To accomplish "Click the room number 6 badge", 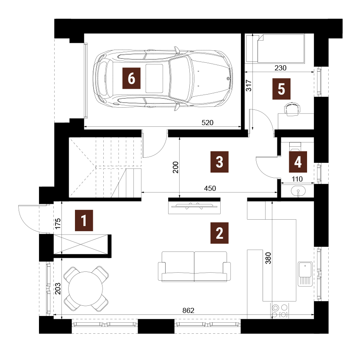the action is (131, 78).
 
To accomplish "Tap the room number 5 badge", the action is (281, 89).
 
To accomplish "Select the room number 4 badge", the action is (298, 162).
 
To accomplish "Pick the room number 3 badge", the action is (219, 162).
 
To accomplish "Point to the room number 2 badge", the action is (219, 233).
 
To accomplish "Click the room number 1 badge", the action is (84, 221).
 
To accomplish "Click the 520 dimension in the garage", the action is (208, 123).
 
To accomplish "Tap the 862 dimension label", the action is (188, 310).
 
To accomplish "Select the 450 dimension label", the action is (210, 188).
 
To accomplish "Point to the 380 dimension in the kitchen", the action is (268, 258).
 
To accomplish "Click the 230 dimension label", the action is (280, 68).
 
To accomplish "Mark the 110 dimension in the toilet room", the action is (297, 179).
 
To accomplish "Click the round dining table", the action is (86, 288).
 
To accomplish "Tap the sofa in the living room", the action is (194, 266).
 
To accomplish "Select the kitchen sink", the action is (305, 274).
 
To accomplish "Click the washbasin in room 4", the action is (298, 191).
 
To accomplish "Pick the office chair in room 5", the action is (292, 109).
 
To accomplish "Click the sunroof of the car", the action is (154, 78).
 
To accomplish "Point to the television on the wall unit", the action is (194, 206).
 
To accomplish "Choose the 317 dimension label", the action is (249, 85).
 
